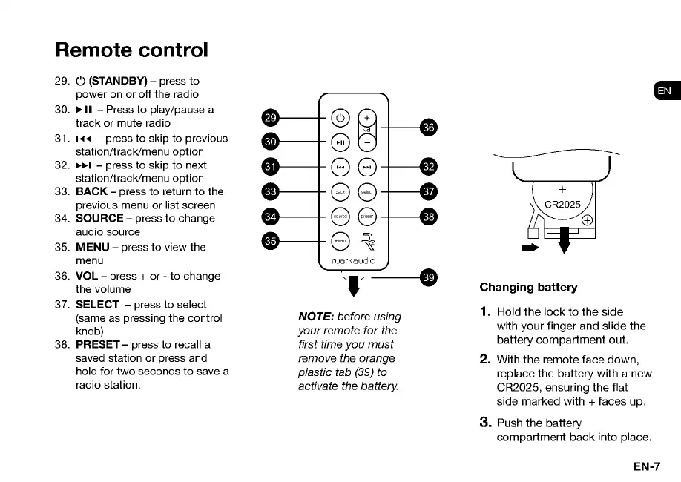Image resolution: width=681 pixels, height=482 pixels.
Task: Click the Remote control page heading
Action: tap(131, 50)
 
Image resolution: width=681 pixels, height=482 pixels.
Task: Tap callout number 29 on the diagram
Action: tap(271, 118)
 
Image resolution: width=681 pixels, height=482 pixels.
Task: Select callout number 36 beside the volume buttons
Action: tap(428, 127)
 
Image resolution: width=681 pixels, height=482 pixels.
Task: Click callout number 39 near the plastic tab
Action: tap(428, 277)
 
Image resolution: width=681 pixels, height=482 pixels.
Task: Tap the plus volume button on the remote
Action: tap(366, 117)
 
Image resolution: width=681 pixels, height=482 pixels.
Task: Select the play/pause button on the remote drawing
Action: tap(340, 142)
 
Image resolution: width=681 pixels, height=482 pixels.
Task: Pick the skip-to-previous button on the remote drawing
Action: tap(340, 166)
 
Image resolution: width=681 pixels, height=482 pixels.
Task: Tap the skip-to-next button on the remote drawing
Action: tap(366, 166)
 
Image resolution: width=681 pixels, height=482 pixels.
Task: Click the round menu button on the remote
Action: tap(340, 240)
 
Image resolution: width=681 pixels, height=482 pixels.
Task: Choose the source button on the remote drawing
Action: tap(340, 217)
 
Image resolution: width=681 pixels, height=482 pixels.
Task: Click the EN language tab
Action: tap(665, 90)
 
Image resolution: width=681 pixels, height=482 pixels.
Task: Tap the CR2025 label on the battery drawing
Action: tap(562, 203)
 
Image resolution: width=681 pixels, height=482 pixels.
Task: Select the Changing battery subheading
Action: tap(528, 287)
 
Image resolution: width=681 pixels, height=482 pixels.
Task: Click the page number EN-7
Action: tap(646, 466)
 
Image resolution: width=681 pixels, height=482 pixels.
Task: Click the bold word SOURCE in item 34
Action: tap(99, 218)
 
